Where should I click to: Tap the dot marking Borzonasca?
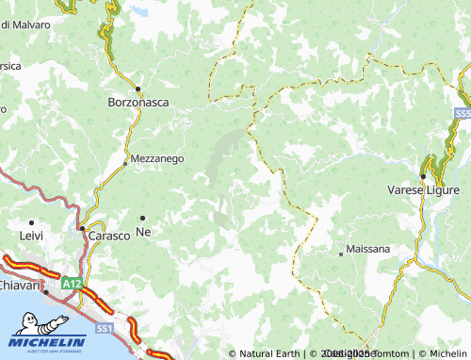tap(138, 90)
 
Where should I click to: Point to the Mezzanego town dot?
tap(125, 162)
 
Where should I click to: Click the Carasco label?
tap(108, 235)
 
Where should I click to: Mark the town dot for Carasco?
tap(82, 228)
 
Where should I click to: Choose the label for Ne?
tap(143, 232)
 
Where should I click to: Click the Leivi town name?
tap(31, 235)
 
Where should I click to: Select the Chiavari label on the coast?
tap(17, 285)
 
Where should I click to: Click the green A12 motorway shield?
tap(72, 283)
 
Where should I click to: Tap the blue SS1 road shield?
tap(104, 327)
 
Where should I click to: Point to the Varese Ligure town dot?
tap(423, 176)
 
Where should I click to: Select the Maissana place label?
tap(368, 252)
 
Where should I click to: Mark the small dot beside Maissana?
tap(341, 253)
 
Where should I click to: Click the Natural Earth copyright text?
tap(268, 353)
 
